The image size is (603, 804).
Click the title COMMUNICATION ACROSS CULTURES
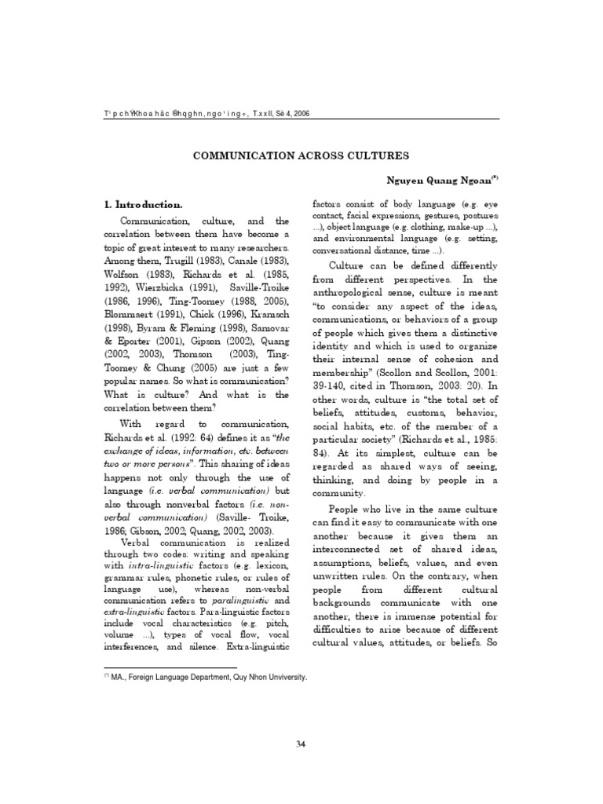click(x=301, y=155)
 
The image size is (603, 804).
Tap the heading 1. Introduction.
click(x=149, y=204)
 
